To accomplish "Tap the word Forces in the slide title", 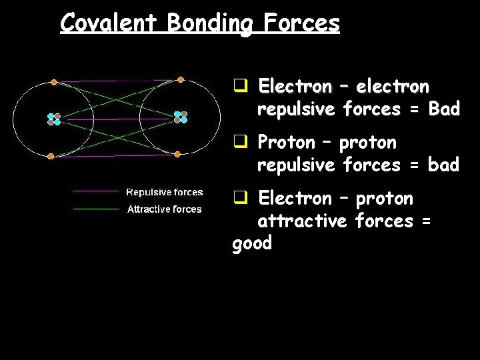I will pos(301,23).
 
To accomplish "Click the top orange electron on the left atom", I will pos(54,83).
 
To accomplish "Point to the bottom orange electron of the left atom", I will pos(51,156).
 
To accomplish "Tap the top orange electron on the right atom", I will pos(180,79).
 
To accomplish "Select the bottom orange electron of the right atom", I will pos(178,153).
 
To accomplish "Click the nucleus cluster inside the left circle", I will pos(53,119).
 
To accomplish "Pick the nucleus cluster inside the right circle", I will pos(181,117).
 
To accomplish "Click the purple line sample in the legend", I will pos(95,192).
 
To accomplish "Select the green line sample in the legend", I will pos(95,209).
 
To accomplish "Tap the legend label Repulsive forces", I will pos(164,192).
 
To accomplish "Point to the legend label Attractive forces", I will pos(164,209).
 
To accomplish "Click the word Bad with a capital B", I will pos(444,109).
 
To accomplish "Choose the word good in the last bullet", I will pos(252,243).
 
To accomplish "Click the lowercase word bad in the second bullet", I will pos(444,165).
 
